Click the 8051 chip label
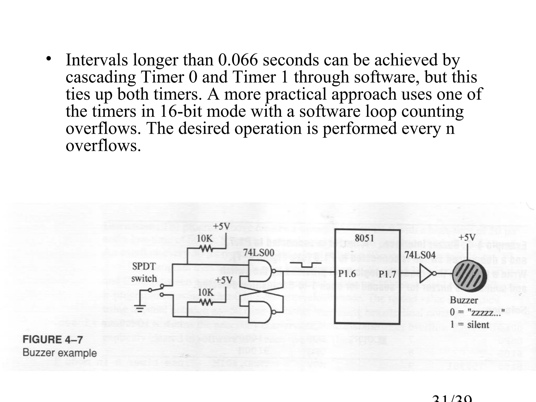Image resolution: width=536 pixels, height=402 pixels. (364, 238)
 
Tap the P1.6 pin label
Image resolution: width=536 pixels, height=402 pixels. (347, 273)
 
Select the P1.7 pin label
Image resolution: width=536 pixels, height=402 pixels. (387, 274)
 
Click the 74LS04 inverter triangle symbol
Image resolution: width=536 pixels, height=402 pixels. (426, 273)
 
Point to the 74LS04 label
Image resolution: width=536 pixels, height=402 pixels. (420, 255)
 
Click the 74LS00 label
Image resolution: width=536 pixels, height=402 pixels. (259, 253)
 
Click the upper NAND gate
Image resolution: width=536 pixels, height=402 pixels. (261, 271)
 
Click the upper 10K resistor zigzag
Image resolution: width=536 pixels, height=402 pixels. (205, 248)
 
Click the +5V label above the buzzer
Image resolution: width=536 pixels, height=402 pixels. (467, 237)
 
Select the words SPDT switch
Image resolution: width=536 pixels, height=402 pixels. (144, 272)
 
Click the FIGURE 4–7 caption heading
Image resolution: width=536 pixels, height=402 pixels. (53, 340)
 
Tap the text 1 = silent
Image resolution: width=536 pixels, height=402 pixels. (470, 325)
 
